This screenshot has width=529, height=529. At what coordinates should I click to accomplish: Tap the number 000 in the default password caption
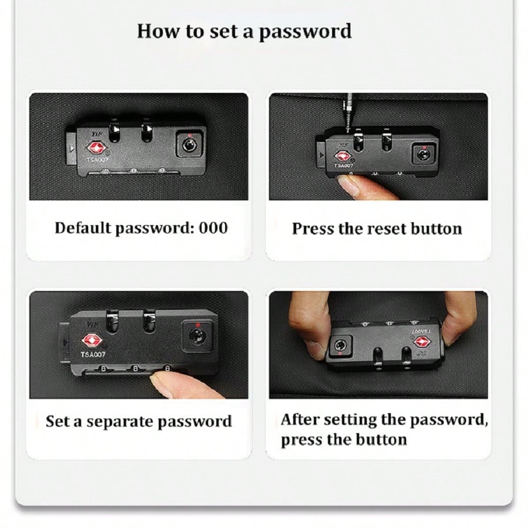pyautogui.click(x=213, y=227)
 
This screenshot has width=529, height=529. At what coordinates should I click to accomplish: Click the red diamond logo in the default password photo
pyautogui.click(x=97, y=148)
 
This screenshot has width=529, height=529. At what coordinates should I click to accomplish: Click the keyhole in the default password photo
pyautogui.click(x=189, y=145)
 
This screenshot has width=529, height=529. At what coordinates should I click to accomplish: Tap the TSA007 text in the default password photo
pyautogui.click(x=97, y=159)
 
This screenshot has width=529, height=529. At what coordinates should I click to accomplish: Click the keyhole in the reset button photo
pyautogui.click(x=424, y=155)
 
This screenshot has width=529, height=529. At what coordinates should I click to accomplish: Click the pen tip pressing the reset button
pyautogui.click(x=349, y=126)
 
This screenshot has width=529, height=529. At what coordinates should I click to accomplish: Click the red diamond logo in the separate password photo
pyautogui.click(x=92, y=340)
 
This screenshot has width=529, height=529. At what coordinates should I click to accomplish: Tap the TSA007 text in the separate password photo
pyautogui.click(x=93, y=354)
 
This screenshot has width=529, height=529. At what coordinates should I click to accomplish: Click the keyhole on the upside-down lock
pyautogui.click(x=339, y=345)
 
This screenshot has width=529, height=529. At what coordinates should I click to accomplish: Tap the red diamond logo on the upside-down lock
pyautogui.click(x=422, y=342)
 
